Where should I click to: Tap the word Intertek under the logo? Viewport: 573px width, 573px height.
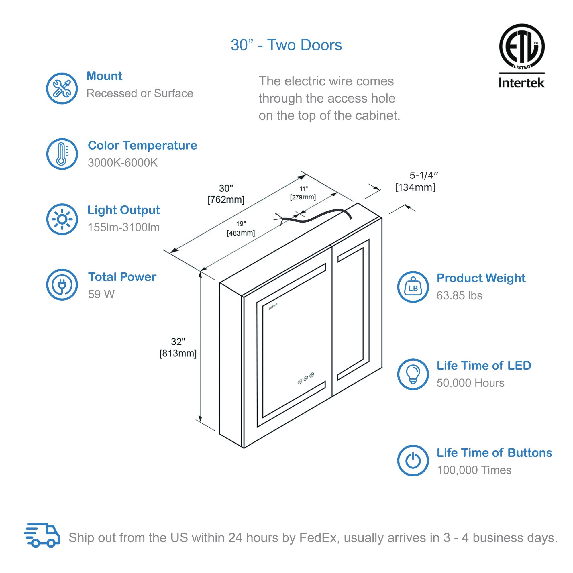click(521, 83)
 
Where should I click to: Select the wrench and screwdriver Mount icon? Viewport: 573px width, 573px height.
click(62, 88)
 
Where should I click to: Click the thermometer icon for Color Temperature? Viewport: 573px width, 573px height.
click(62, 154)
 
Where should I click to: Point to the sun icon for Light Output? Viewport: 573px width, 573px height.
click(62, 219)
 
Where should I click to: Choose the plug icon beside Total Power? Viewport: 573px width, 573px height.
click(62, 284)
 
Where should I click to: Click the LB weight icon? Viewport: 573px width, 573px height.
click(413, 287)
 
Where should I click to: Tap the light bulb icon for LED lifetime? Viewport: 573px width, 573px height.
click(413, 374)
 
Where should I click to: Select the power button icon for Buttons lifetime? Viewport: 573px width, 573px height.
click(413, 461)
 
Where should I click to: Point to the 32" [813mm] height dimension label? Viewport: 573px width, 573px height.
click(178, 347)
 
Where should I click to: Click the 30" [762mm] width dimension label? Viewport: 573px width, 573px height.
click(226, 194)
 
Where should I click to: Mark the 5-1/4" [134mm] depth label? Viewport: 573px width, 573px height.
click(416, 181)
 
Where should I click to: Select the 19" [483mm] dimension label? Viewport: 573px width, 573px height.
click(241, 228)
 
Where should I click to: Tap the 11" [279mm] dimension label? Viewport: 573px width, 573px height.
click(303, 193)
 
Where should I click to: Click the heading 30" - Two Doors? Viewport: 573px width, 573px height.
click(286, 45)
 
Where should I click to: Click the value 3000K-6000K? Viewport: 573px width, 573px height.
click(123, 163)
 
